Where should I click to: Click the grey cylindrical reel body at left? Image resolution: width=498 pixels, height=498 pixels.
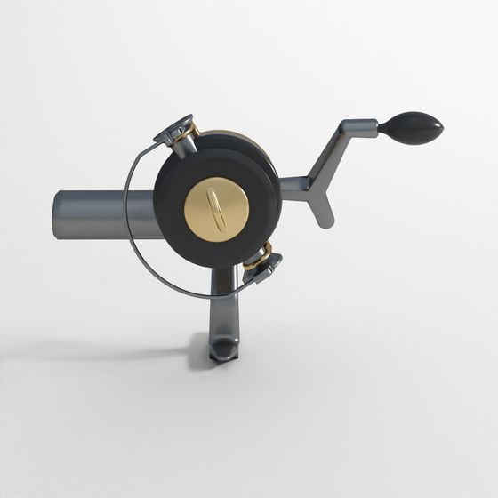pos(98,213)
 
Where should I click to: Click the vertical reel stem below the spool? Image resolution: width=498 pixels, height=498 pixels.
pos(222,307)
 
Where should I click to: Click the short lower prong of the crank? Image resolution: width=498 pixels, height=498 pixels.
pos(320,209)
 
